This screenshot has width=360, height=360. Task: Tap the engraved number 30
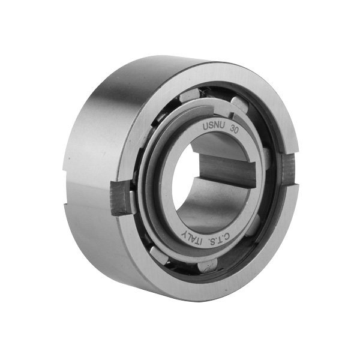click(234, 130)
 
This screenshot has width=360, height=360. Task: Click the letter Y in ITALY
click(184, 235)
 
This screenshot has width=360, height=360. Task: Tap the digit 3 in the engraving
click(232, 130)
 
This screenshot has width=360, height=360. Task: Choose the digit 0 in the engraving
click(236, 131)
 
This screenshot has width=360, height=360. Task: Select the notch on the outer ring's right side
click(289, 169)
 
